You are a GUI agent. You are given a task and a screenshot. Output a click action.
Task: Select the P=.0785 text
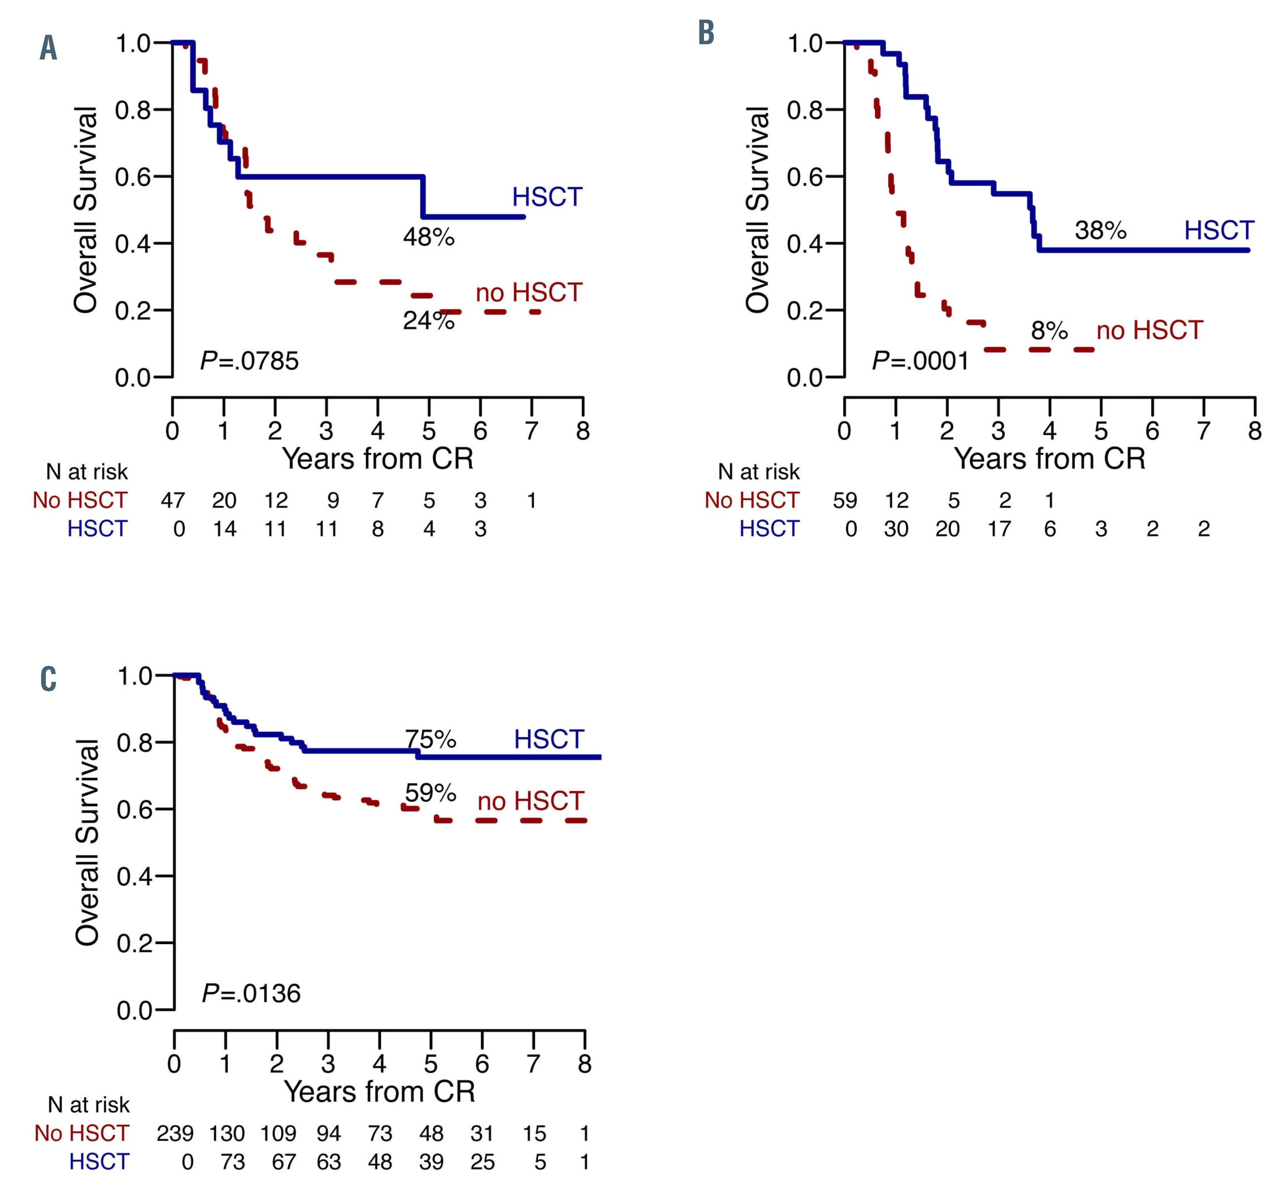coord(249,361)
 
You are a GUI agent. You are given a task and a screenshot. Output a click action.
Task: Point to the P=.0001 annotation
coord(921,361)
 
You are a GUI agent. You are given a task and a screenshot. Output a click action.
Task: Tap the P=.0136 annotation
coord(251,993)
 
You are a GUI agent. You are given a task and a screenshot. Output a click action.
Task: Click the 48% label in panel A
coord(428,237)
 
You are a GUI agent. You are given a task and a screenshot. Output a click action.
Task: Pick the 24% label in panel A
coord(428,320)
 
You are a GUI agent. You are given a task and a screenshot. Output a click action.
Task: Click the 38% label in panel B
coord(1101,230)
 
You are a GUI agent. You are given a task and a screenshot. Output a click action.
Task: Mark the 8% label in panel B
coord(1049,330)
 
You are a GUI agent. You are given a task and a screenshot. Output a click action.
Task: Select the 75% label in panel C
coord(431,739)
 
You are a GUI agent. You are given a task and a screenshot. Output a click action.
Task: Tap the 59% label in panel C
coord(431,793)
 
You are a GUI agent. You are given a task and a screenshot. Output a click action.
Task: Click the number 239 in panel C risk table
coord(175,1133)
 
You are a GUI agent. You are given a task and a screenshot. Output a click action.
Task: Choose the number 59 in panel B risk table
coord(845,500)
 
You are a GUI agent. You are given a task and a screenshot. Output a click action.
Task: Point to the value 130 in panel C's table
coord(227,1133)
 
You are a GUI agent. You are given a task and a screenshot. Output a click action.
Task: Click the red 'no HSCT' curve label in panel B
coord(1150,330)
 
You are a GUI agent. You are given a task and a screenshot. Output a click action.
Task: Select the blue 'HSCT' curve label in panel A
coord(547,197)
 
